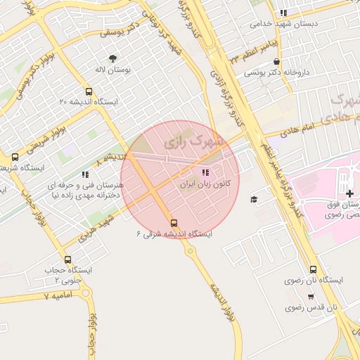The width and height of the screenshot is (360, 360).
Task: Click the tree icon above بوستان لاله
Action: [x=112, y=58]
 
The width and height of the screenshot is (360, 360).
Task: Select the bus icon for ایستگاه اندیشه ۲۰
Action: [x=89, y=91]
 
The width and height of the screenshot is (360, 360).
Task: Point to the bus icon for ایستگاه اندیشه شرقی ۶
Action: [x=174, y=223]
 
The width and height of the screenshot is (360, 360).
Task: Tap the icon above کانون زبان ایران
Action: [x=205, y=172]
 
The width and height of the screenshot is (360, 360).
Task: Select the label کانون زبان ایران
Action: [x=203, y=184]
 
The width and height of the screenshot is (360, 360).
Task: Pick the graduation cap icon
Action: [x=254, y=200]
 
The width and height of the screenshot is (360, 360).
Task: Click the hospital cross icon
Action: [x=349, y=193]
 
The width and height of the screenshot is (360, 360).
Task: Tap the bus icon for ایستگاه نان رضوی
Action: [x=313, y=269]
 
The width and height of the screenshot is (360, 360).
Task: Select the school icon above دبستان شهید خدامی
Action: [x=283, y=13]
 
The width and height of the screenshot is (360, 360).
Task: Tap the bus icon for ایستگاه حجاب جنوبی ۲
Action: [x=67, y=259]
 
